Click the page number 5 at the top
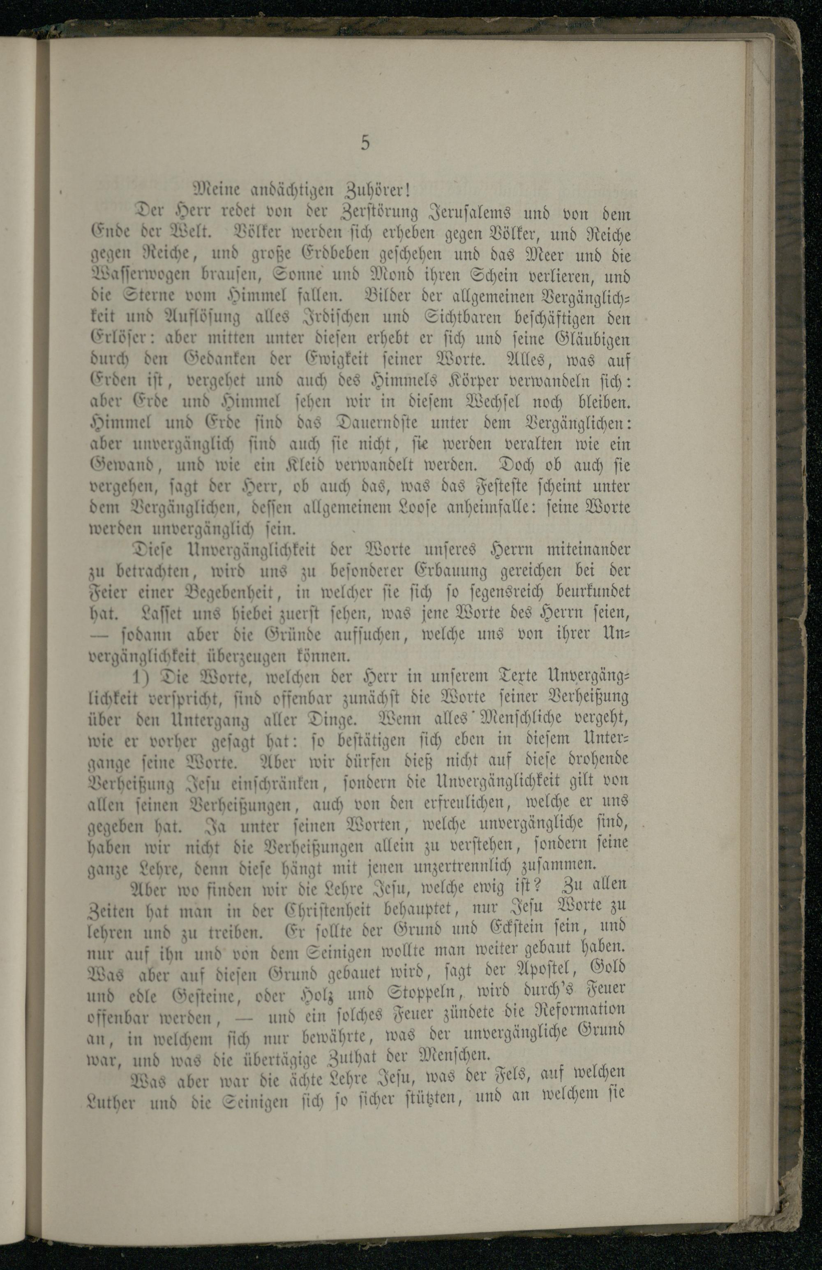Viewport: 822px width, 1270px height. (x=365, y=143)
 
